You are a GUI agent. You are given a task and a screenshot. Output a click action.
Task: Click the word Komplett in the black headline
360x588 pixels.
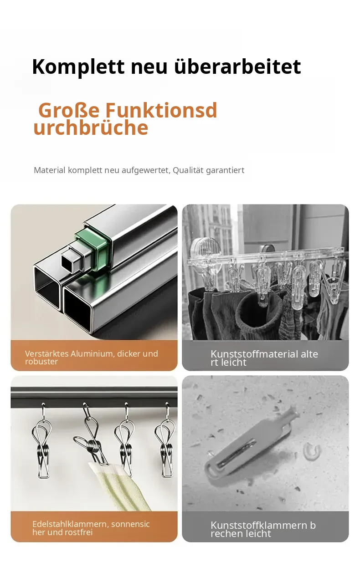[x=78, y=67]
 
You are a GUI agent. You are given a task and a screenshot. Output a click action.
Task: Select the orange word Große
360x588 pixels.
[x=69, y=111]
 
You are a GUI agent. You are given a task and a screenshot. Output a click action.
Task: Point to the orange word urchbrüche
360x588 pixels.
[x=91, y=128]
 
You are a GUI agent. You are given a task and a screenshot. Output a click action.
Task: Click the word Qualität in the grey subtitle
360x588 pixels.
[x=188, y=170]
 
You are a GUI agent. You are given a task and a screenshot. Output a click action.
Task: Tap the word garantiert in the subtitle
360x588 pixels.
[x=225, y=171]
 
